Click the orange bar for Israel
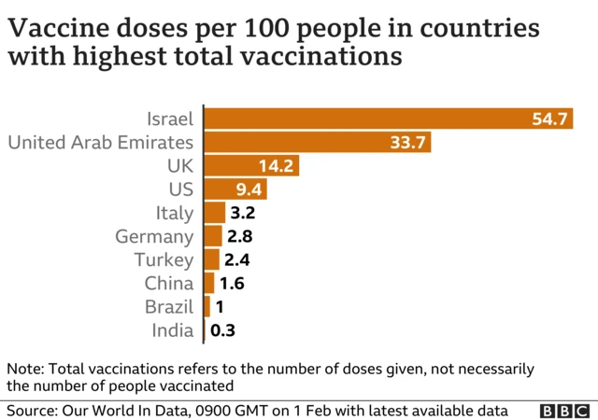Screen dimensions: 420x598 [355, 119]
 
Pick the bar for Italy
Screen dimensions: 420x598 [215, 213]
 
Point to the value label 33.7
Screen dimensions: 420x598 [408, 143]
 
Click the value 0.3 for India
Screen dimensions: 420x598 [222, 329]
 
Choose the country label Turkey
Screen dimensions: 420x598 [164, 259]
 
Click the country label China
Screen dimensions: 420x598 [168, 283]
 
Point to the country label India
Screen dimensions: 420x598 [172, 329]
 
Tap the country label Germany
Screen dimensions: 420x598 [154, 236]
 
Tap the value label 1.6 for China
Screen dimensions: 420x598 [233, 283]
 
